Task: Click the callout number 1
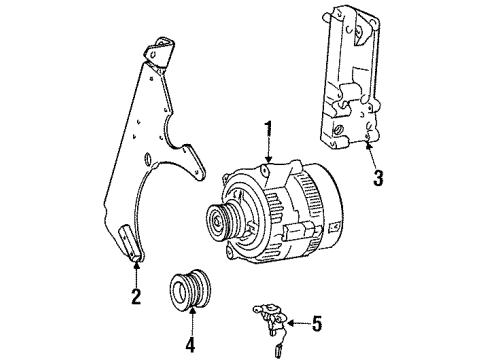[x=267, y=129]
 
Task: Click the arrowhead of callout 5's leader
[x=290, y=322]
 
